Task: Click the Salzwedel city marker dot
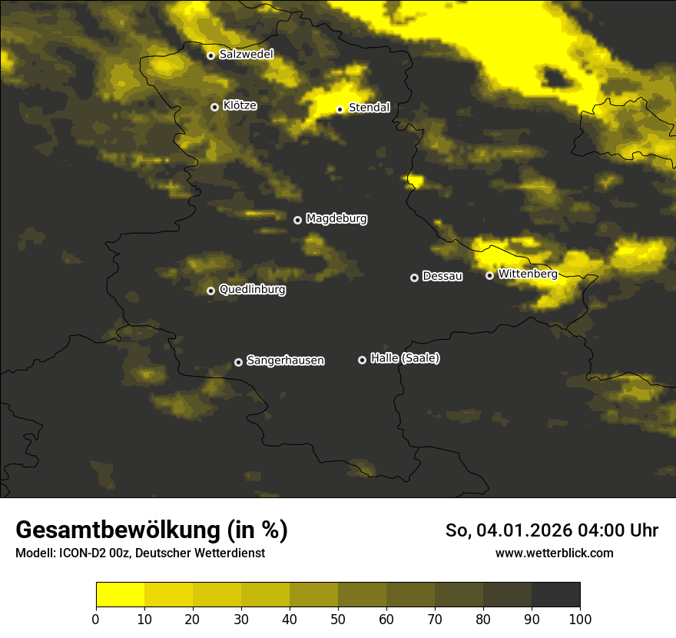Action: [210, 55]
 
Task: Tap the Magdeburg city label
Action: [336, 218]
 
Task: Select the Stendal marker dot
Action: [340, 109]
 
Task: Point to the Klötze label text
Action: [240, 105]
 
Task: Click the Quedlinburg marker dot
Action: [210, 291]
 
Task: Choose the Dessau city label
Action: [442, 276]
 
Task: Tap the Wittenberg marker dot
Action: [489, 275]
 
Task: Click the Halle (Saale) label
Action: [405, 358]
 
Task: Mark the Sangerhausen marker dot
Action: [238, 362]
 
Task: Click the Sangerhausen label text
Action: [285, 360]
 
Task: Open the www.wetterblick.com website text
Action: [554, 553]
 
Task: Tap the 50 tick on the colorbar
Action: [338, 619]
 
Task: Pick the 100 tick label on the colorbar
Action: [580, 619]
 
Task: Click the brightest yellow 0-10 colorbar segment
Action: [120, 594]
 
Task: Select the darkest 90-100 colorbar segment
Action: [555, 594]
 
